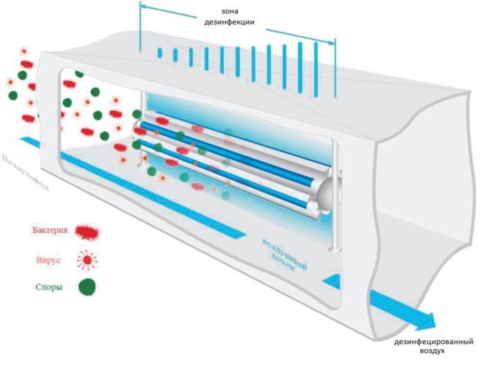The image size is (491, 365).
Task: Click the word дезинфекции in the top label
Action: click(235, 22)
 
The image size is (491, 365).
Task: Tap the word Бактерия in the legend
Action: click(49, 230)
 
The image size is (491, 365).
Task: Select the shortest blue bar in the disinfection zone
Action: click(160, 53)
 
